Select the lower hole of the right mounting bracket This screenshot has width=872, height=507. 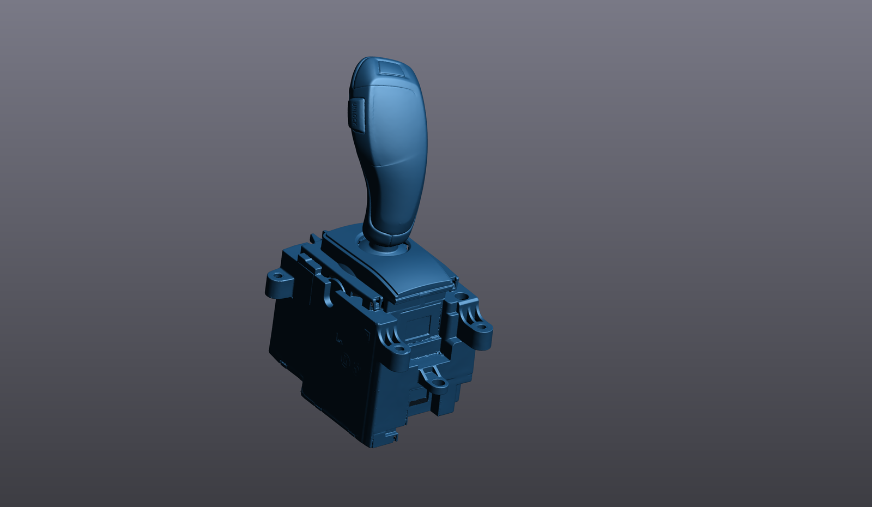point(482,328)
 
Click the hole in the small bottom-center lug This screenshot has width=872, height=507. point(437,381)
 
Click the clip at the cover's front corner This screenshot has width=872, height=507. point(381,303)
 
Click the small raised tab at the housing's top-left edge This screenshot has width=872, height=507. point(313,238)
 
